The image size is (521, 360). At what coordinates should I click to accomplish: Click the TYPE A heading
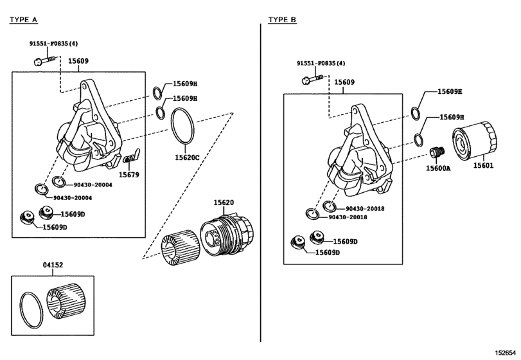[23, 20]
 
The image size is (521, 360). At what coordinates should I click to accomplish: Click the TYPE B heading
[282, 20]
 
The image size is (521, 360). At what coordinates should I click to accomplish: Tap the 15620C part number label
[187, 157]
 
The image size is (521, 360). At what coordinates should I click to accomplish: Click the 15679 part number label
[129, 174]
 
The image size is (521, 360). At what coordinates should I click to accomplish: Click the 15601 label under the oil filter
[483, 165]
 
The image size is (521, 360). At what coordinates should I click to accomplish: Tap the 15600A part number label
[438, 168]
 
